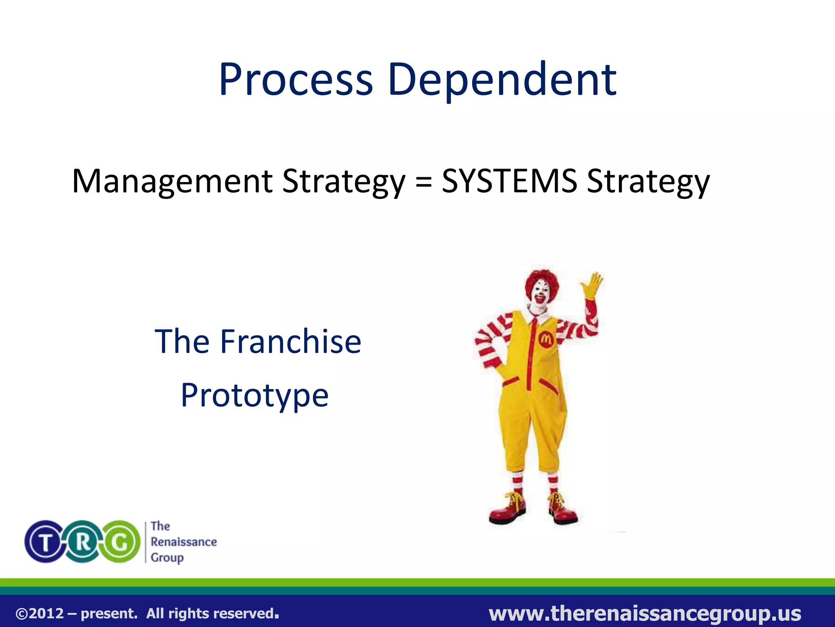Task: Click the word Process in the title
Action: pos(296,80)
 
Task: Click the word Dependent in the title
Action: pos(502,80)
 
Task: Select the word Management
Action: pos(172,182)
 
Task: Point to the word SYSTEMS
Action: pos(510,181)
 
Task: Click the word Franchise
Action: pos(290,342)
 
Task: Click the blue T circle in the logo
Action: pos(46,542)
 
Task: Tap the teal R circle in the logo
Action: pos(83,542)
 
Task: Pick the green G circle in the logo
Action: pos(120,542)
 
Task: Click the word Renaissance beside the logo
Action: pos(183,542)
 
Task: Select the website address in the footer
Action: pos(645,613)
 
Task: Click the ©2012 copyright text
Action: pos(40,614)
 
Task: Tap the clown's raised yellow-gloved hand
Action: pos(592,285)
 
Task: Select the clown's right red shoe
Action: pos(563,514)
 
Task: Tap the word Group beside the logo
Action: pos(167,558)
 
